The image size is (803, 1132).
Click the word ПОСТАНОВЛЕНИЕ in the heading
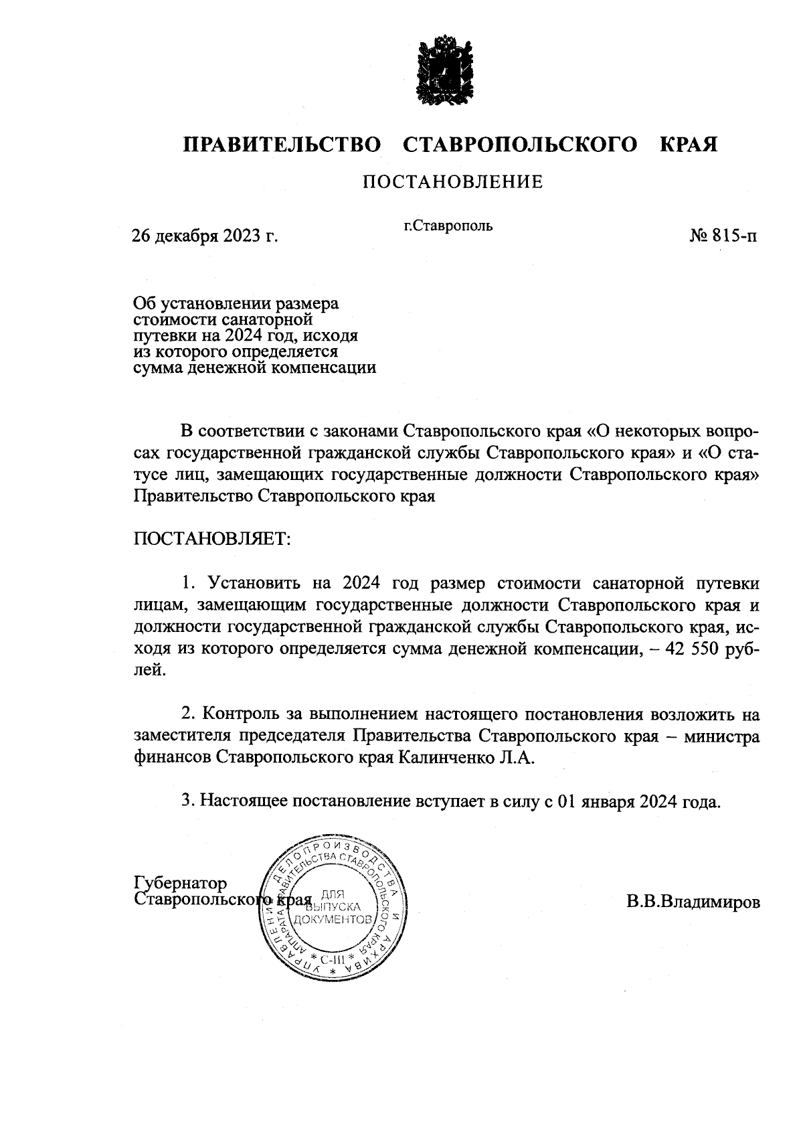click(x=453, y=182)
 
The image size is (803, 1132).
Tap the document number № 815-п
click(x=724, y=236)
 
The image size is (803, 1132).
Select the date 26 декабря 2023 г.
click(x=205, y=236)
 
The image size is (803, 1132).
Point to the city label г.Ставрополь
click(x=448, y=226)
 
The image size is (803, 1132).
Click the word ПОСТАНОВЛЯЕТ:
click(x=213, y=539)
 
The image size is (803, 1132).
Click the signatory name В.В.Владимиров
click(x=693, y=902)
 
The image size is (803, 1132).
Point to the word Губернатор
click(x=180, y=883)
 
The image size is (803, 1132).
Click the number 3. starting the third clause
click(x=189, y=801)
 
